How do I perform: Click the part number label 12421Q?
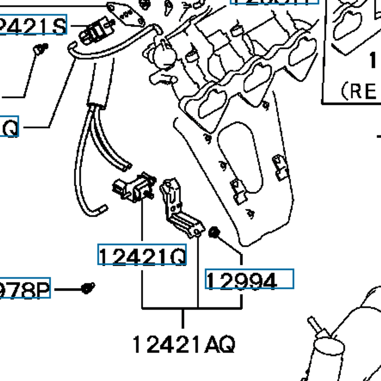[x=142, y=255]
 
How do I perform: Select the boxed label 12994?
[x=249, y=279]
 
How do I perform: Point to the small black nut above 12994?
[x=214, y=232]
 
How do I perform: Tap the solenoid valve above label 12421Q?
[x=135, y=188]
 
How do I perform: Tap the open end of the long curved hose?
[x=102, y=210]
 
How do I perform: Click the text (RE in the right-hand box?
[x=359, y=91]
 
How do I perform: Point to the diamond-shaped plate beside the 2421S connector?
[x=125, y=14]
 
